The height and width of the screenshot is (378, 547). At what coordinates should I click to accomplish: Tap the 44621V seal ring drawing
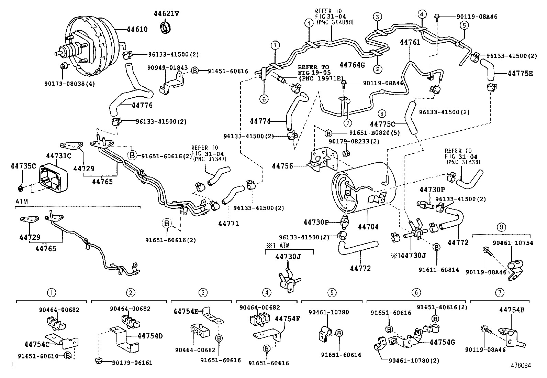[166, 27]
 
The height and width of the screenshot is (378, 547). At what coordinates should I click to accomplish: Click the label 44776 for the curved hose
[142, 105]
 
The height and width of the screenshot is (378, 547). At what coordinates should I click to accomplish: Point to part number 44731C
[58, 156]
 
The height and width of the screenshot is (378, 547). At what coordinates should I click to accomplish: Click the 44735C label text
[23, 166]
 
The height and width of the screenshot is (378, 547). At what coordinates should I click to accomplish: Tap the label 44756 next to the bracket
[282, 166]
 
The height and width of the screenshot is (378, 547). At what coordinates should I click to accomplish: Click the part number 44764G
[351, 65]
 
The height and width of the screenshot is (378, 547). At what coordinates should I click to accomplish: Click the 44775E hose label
[520, 73]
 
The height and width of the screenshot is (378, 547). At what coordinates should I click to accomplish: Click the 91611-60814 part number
[438, 270]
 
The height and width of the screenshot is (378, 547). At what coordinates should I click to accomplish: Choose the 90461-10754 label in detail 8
[513, 242]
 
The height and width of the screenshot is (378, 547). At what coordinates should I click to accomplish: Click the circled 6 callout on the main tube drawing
[264, 99]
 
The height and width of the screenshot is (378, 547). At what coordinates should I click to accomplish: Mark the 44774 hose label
[260, 121]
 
